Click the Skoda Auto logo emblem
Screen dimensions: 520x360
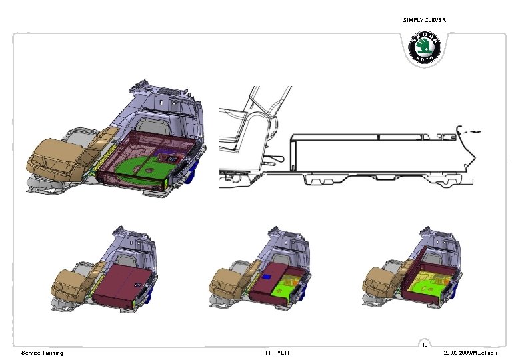click(424, 47)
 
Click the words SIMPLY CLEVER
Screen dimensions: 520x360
click(424, 20)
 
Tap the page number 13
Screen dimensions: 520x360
click(425, 345)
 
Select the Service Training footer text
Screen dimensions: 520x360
click(42, 353)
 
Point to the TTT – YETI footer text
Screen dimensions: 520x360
click(275, 353)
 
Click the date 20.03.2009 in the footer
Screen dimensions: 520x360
click(457, 353)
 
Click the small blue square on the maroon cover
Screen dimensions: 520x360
click(266, 276)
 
